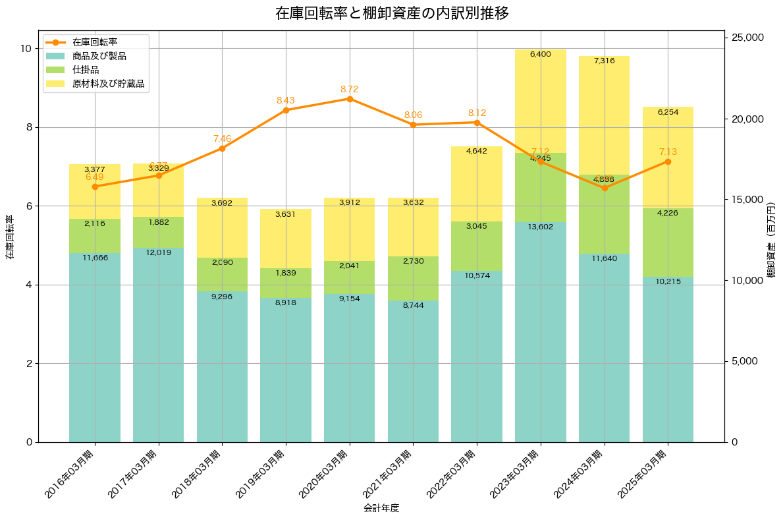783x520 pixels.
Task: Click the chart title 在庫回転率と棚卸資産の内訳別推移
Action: coord(391,13)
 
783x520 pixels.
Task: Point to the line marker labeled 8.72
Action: coord(350,99)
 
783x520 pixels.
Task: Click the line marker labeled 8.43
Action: coord(286,110)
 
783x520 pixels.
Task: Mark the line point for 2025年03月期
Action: coord(668,161)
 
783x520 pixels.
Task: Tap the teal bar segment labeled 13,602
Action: coord(541,330)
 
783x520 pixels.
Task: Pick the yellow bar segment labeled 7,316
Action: coord(604,115)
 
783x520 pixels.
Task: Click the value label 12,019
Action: coord(158,252)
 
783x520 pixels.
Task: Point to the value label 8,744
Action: coord(413,305)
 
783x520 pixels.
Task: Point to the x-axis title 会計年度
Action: coord(381,508)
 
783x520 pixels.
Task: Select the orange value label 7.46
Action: coord(222,138)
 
